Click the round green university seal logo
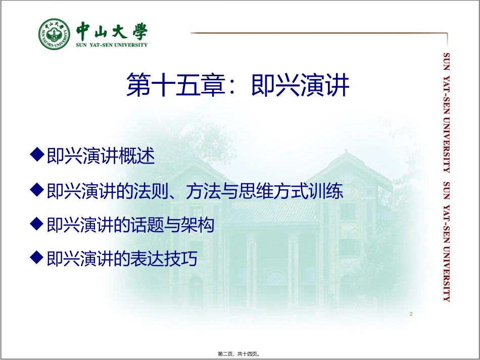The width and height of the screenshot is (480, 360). click(55, 34)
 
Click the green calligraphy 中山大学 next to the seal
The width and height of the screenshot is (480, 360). click(112, 30)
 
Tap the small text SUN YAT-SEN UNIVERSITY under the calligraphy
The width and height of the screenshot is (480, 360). click(112, 45)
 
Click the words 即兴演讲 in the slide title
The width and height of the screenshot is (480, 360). click(300, 84)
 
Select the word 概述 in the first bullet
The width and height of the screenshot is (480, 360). click(137, 156)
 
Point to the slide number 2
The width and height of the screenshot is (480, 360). click(411, 314)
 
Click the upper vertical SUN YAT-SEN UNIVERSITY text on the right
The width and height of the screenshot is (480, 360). click(446, 112)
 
